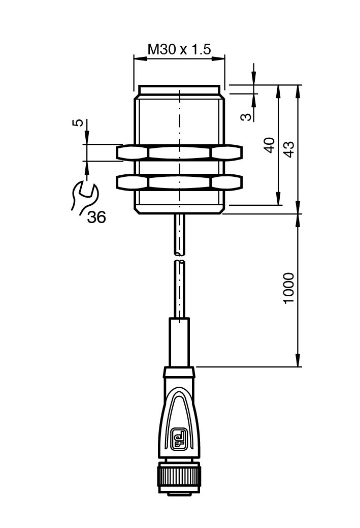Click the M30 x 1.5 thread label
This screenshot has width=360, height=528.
[179, 49]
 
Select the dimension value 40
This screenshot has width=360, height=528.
[270, 145]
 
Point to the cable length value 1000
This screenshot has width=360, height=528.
[289, 288]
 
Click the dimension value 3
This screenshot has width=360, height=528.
[247, 116]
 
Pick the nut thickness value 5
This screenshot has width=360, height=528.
[77, 122]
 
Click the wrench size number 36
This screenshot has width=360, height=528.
[96, 217]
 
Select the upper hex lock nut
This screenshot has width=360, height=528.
[179, 152]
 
